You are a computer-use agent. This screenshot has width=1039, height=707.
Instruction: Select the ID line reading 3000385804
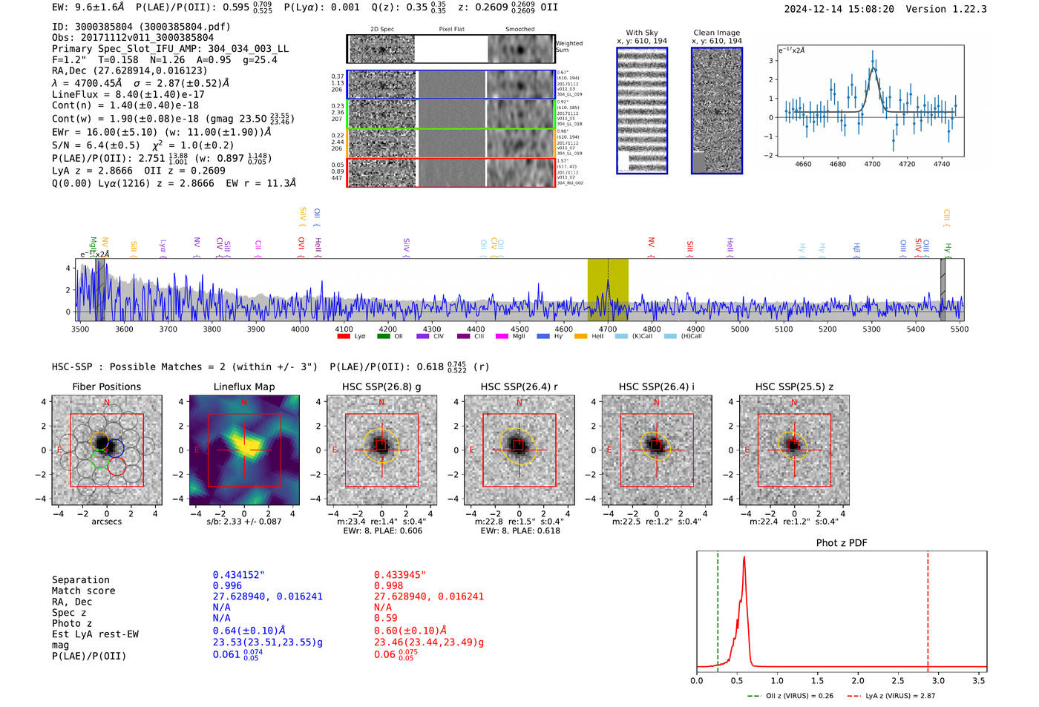(x=141, y=27)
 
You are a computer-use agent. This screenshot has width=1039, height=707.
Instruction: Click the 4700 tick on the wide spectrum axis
(x=608, y=329)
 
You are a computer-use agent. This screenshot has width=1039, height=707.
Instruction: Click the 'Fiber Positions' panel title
(x=106, y=387)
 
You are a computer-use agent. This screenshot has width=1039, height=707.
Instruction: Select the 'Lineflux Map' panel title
(x=243, y=387)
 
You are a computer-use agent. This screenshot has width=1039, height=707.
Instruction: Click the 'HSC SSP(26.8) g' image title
(x=381, y=387)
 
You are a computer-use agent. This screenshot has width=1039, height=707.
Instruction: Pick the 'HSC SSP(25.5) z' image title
(x=794, y=387)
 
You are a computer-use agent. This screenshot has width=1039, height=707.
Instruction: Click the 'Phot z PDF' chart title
(x=842, y=543)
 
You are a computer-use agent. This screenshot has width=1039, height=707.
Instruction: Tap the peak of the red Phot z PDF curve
(x=744, y=558)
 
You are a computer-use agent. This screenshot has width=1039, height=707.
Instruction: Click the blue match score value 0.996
(x=227, y=585)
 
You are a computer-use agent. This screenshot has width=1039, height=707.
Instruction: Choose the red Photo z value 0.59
(x=385, y=618)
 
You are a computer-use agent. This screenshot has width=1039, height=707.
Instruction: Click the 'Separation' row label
(x=80, y=580)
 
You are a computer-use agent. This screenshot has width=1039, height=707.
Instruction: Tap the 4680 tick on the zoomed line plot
(x=837, y=164)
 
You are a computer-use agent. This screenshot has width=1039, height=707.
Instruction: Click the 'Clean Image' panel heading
(x=716, y=33)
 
